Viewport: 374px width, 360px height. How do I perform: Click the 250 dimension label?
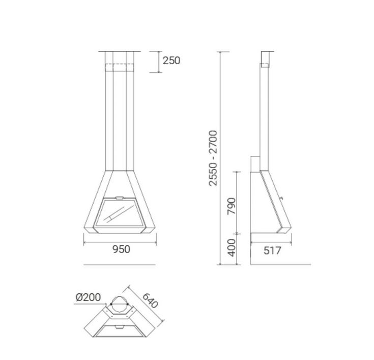[171, 61]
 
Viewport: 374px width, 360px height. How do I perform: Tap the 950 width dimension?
[121, 249]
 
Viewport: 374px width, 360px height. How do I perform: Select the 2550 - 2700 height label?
[213, 158]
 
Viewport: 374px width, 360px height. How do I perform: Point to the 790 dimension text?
[232, 206]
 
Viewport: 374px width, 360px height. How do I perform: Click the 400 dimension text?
[232, 248]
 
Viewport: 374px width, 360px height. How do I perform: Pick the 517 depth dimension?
[272, 251]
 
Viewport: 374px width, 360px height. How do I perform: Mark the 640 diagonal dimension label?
[150, 300]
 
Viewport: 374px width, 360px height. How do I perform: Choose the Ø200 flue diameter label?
[88, 297]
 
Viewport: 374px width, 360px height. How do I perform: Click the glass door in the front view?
[120, 213]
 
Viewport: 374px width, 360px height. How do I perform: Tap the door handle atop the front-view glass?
[120, 198]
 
